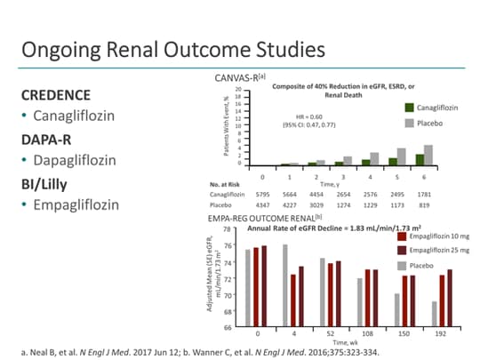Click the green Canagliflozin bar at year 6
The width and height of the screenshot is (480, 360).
(x=420, y=160)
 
